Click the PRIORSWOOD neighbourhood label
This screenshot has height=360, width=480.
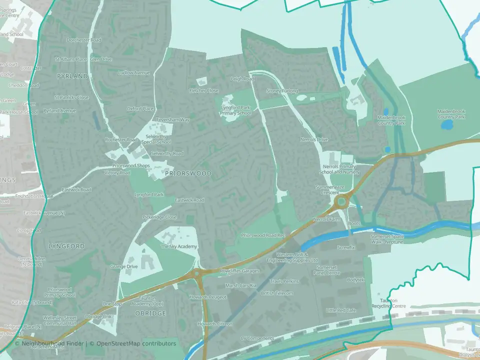click(187, 173)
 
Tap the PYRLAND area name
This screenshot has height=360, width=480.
click(72, 76)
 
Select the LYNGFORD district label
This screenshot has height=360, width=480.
click(66, 246)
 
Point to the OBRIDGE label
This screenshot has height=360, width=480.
click(150, 313)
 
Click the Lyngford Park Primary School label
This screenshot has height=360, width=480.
click(235, 110)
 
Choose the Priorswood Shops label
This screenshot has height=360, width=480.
click(131, 165)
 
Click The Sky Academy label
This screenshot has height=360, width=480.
click(178, 247)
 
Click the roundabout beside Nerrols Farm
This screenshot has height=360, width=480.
click(341, 202)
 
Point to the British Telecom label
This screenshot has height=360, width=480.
click(277, 293)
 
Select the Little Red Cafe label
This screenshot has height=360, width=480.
click(340, 310)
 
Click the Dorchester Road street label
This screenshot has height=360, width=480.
click(83, 40)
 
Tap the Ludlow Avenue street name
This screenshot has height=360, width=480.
click(133, 73)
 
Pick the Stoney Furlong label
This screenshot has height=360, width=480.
click(281, 91)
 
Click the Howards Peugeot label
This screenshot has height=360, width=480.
click(207, 297)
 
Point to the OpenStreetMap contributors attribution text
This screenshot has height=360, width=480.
click(136, 343)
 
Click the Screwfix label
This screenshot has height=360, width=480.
click(346, 247)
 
